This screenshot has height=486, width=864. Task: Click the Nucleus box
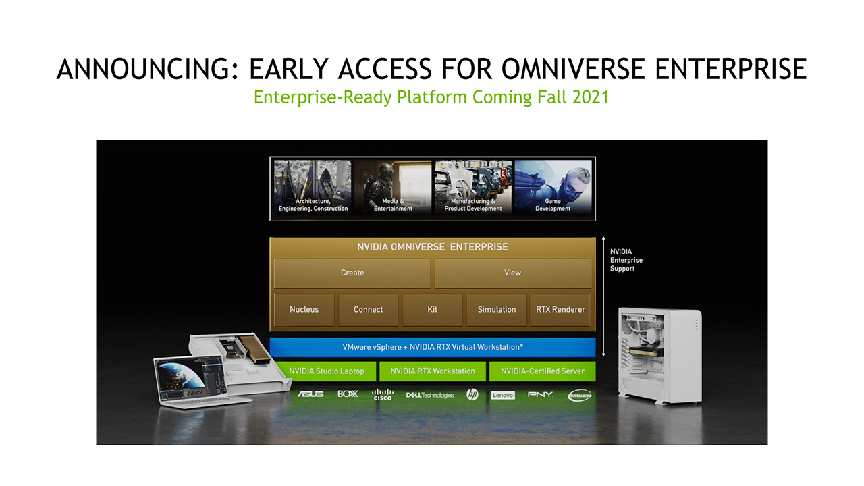point(304,310)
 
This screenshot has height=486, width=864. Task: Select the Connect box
point(369,310)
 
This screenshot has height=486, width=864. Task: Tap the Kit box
point(433,310)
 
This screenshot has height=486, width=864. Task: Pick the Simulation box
point(497,310)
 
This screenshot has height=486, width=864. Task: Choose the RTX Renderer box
point(560,310)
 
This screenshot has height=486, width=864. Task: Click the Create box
point(352,273)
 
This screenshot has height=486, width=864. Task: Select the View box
point(513,273)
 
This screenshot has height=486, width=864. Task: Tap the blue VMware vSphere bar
point(433,347)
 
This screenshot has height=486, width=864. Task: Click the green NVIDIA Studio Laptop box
point(326,371)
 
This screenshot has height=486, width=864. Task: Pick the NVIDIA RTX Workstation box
point(433,371)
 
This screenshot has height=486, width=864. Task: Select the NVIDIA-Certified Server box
point(543,371)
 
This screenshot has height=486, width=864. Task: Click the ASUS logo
point(310,394)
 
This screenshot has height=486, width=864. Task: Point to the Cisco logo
point(382,395)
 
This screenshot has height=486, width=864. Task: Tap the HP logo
point(472,395)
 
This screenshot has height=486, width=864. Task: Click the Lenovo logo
point(503,396)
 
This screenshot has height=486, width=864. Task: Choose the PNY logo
point(540,395)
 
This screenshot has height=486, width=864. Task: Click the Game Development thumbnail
point(553,188)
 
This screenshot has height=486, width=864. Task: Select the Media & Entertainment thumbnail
point(393,188)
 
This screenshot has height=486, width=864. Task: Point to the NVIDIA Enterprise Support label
point(626,261)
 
